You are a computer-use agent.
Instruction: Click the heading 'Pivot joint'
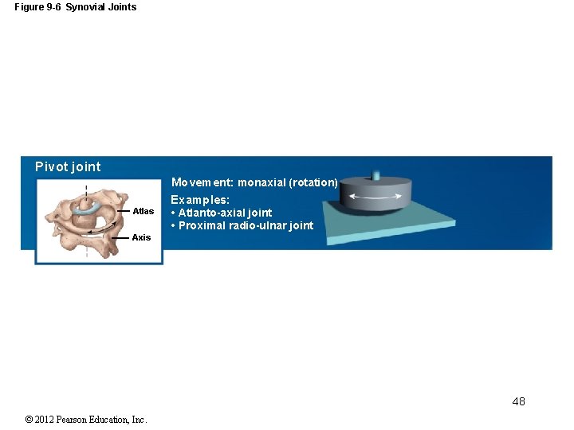pos(68,166)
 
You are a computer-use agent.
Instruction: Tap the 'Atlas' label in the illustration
pos(143,211)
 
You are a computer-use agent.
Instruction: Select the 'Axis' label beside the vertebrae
pos(141,237)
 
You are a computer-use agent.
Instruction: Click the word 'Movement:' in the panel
pos(202,182)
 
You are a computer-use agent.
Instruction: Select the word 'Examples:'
pos(200,200)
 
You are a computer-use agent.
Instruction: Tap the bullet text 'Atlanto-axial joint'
pos(225,213)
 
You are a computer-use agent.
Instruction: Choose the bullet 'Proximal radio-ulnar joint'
pos(246,225)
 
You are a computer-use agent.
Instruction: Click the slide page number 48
pos(518,401)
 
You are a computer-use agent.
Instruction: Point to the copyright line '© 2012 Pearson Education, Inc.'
pos(86,420)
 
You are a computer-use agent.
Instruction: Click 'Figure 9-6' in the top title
pos(37,7)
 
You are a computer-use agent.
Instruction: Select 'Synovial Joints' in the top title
pos(100,7)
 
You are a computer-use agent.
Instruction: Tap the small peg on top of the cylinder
pos(376,174)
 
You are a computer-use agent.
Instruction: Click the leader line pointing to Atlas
pos(123,211)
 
